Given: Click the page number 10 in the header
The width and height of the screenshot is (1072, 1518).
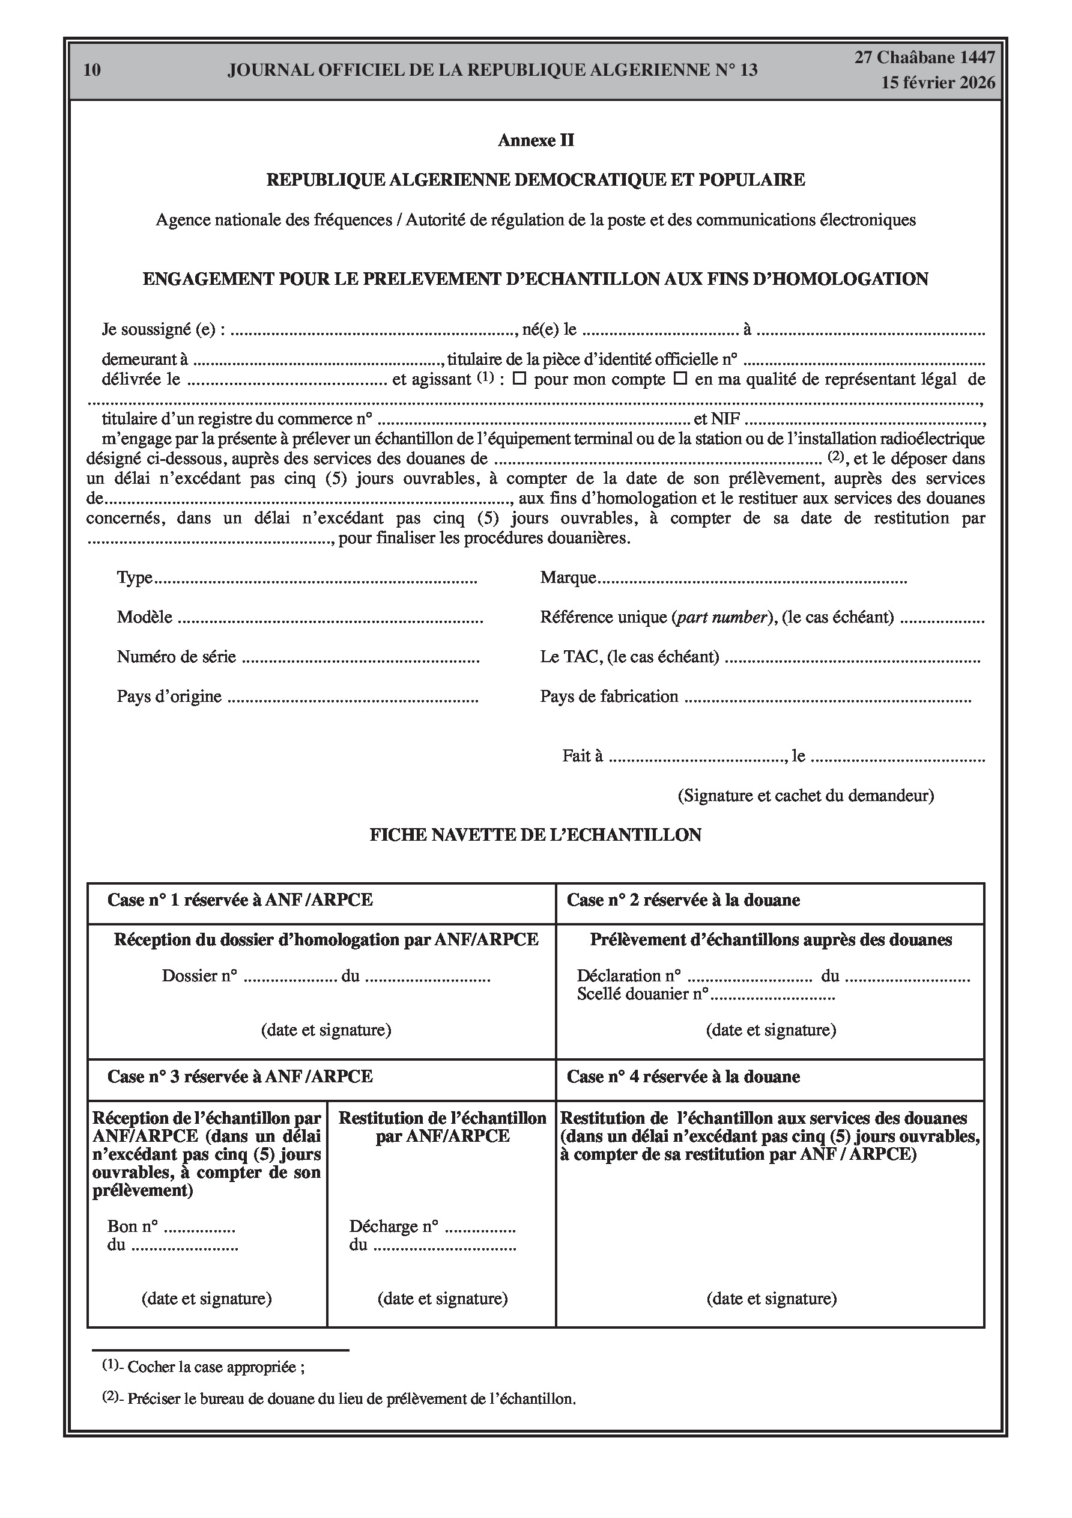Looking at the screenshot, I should click(92, 70).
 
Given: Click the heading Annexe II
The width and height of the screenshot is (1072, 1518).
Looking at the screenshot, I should click(535, 140).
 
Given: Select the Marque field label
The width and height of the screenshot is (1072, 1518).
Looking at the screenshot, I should click(568, 578).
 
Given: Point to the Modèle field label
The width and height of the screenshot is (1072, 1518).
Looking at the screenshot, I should click(144, 618).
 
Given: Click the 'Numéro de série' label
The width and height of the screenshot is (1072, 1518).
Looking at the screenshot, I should click(176, 657).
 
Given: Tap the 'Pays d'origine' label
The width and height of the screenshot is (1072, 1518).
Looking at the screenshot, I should click(169, 697).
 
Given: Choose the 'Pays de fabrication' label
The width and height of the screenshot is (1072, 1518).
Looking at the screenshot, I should click(609, 697).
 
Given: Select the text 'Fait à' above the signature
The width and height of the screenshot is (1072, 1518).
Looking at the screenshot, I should click(583, 757).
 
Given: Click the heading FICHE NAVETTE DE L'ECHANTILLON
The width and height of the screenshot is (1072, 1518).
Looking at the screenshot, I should click(535, 835).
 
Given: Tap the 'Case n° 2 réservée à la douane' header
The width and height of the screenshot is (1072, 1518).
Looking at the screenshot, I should click(683, 900).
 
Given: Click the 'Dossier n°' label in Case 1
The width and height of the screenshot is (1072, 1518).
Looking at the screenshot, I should click(199, 977).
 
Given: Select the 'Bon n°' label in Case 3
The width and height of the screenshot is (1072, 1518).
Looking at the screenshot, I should click(132, 1227).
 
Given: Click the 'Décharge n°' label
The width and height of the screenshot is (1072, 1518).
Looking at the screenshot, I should click(394, 1227).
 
